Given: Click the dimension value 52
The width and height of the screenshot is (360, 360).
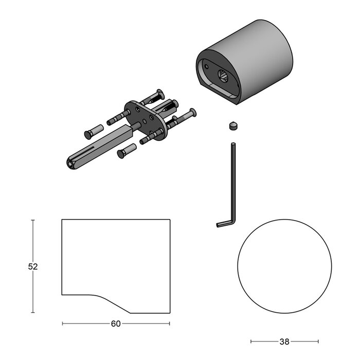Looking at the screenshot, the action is tap(33, 266).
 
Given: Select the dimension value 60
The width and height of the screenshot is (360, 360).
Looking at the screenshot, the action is tap(116, 323).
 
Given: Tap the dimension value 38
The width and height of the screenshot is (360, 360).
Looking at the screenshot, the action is tap(284, 341).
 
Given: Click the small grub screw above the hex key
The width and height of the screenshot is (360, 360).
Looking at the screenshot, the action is tap(233, 127).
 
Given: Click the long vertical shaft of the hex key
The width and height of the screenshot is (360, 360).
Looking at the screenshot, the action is tap(233, 182).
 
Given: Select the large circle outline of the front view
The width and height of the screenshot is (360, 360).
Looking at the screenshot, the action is tap(238, 266).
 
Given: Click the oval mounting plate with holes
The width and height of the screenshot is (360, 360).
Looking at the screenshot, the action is tap(145, 120).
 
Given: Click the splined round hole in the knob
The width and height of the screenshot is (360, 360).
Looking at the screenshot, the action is tap(223, 75).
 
